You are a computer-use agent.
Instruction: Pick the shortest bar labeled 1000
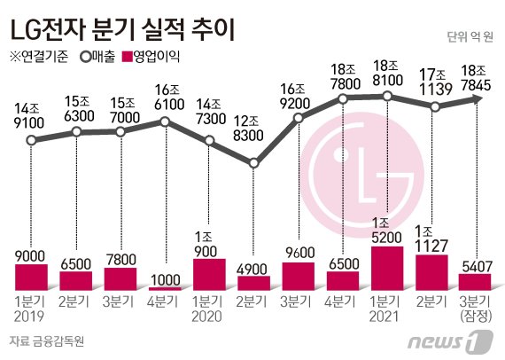tap(165, 289)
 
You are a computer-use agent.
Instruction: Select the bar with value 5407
tap(475, 282)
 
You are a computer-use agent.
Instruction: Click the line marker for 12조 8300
tap(254, 163)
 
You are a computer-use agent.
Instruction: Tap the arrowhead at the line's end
tap(479, 99)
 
